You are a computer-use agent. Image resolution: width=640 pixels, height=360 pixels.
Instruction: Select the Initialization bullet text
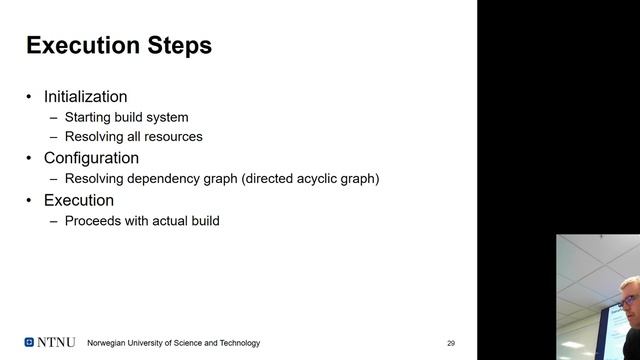point(85,97)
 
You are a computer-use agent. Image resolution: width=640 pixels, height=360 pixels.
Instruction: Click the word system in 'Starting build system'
point(166,117)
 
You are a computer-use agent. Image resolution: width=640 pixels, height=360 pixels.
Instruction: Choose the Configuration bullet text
point(91,158)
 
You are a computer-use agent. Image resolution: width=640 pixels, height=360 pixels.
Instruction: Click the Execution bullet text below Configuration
point(79,200)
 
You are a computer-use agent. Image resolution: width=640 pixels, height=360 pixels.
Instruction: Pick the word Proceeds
point(94,220)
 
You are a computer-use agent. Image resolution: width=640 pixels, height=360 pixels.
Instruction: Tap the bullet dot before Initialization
point(29,98)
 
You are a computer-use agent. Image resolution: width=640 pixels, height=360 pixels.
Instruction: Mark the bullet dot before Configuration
point(29,159)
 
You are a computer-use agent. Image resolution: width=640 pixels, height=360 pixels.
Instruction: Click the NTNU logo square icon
point(29,342)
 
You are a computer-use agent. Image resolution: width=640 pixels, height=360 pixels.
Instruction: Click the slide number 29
point(451,343)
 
